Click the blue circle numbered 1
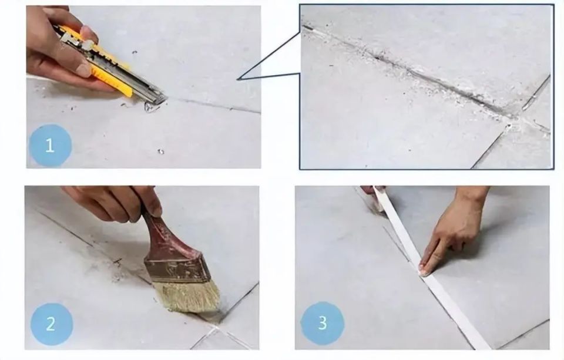50,145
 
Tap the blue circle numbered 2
51,324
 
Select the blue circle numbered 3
322,323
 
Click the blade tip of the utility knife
166,99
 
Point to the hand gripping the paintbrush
115,203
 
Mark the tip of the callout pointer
238,79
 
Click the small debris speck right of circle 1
160,152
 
